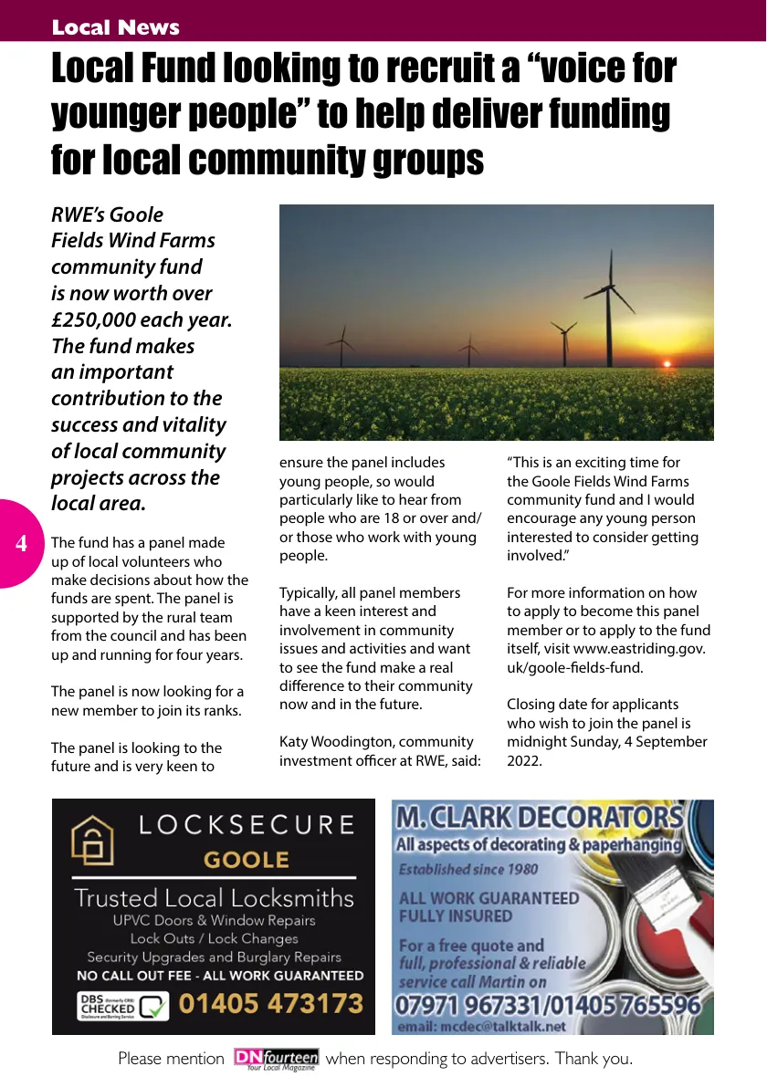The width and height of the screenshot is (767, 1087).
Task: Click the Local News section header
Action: [115, 27]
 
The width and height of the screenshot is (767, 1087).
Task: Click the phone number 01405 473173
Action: [270, 1005]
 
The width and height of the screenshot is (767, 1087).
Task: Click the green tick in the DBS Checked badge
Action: [154, 1007]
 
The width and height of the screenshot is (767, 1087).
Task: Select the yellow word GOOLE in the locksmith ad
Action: [246, 860]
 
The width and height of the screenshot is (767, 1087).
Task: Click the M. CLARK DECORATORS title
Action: [539, 817]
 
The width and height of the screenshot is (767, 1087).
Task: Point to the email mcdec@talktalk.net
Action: [482, 1027]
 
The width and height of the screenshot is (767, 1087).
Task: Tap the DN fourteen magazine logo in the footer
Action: [276, 1059]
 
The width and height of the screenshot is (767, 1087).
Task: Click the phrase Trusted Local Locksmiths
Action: [214, 898]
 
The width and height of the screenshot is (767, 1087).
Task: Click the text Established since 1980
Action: [468, 869]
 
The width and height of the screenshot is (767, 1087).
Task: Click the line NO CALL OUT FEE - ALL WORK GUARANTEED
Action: [220, 976]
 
